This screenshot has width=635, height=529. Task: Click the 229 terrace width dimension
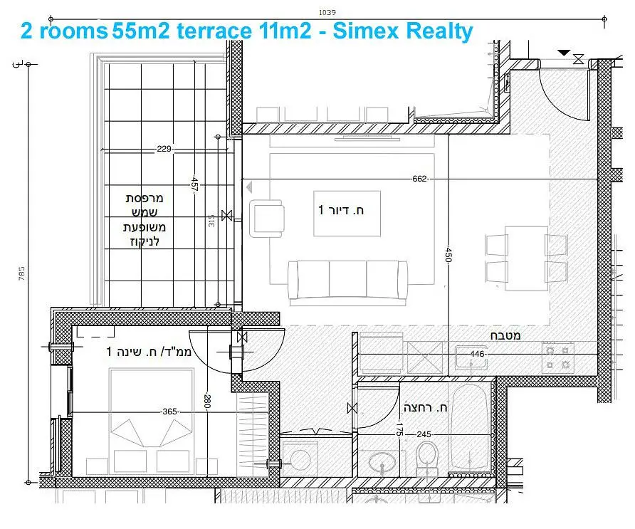(x=164, y=150)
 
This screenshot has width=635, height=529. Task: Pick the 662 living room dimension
(x=419, y=179)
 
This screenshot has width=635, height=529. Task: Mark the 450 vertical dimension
(x=448, y=256)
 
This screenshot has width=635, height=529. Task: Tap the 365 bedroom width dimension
(x=169, y=412)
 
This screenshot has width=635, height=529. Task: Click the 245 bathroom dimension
(x=424, y=434)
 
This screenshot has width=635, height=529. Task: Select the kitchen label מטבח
(x=504, y=335)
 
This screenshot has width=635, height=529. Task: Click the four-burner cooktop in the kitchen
(x=559, y=357)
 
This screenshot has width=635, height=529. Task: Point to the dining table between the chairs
(x=527, y=257)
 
